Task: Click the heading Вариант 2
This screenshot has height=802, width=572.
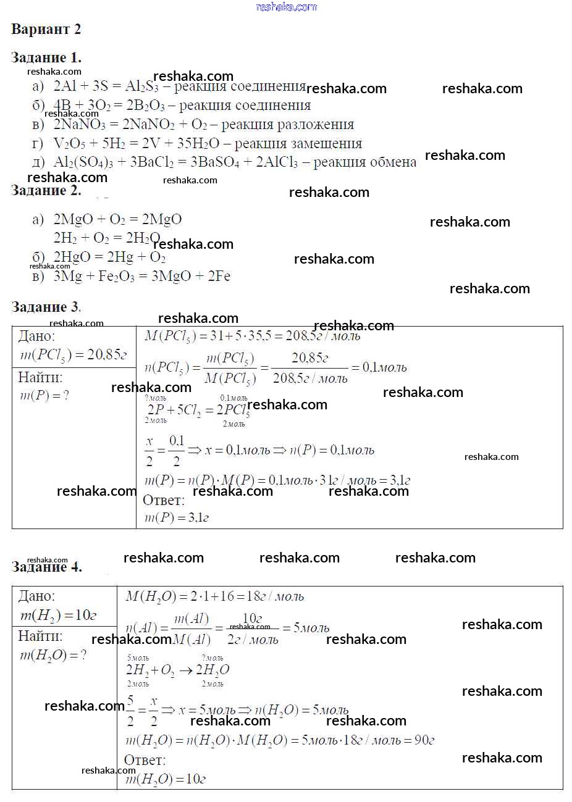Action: point(46,29)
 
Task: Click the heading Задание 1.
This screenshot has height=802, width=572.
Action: point(46,57)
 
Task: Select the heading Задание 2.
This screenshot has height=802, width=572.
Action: point(46,190)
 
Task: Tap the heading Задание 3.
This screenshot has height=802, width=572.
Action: point(46,307)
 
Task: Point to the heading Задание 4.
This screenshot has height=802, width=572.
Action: point(46,567)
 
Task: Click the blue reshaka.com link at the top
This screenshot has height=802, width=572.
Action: point(286,7)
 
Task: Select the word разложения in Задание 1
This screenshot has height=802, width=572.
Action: point(316,125)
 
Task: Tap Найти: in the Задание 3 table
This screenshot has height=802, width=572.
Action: point(40,377)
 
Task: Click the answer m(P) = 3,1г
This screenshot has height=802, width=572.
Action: point(177,517)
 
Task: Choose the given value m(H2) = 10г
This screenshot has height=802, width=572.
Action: point(59,616)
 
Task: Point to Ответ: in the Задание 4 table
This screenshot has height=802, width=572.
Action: point(145,760)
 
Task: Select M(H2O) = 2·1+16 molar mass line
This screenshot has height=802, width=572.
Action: point(214,596)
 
